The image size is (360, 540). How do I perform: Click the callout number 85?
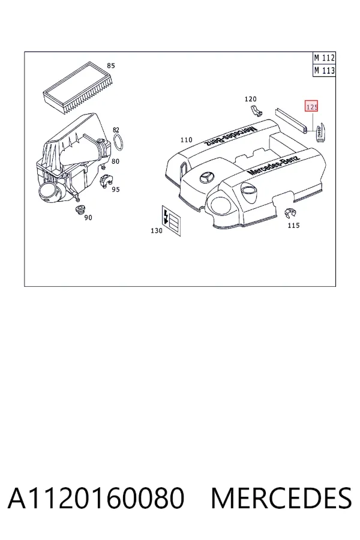(x=110, y=65)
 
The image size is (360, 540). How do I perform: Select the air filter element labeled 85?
(x=79, y=88)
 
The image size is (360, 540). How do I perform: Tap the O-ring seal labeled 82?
(x=119, y=143)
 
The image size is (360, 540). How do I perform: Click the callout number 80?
(x=115, y=161)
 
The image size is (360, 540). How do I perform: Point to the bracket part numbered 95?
(x=106, y=181)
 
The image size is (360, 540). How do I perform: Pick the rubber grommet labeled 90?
(x=80, y=210)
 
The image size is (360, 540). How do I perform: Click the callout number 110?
(x=187, y=140)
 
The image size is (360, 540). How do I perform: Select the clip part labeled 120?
(x=256, y=110)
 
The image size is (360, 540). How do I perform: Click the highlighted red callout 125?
(x=312, y=107)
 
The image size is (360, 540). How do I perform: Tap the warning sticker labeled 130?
(x=171, y=221)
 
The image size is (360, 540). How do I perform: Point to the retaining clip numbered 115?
(x=290, y=214)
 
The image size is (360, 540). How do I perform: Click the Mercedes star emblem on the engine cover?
(x=206, y=178)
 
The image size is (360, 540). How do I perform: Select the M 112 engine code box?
(x=324, y=58)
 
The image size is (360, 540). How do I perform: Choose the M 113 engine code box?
(x=324, y=71)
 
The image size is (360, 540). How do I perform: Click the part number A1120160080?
(x=96, y=498)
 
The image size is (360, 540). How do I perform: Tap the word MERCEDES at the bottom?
(x=281, y=498)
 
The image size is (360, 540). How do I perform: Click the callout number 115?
(x=293, y=226)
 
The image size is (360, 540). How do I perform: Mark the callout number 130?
(x=157, y=231)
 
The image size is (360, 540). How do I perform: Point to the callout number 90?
(x=88, y=218)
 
